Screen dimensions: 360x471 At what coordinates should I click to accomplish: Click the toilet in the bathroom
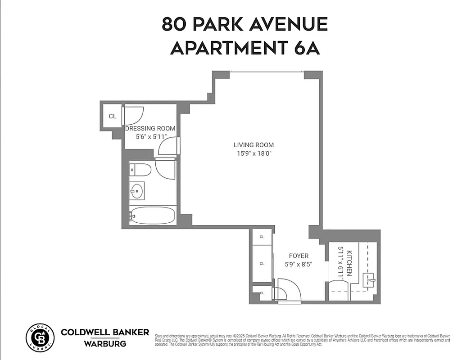140,170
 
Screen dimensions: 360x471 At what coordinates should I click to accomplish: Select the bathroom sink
136,191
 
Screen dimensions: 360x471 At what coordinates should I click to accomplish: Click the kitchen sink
370,280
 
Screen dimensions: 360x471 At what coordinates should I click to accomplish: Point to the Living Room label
254,145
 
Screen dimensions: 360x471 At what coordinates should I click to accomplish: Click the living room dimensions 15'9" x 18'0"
254,153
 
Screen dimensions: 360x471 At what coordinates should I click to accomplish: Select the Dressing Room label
150,128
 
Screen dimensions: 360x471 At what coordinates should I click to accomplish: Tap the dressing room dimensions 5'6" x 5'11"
150,136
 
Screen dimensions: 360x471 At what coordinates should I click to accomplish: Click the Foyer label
299,256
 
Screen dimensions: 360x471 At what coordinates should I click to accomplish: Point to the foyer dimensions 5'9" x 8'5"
299,264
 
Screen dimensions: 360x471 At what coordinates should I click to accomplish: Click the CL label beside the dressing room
112,116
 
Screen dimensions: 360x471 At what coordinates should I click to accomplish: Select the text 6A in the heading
308,48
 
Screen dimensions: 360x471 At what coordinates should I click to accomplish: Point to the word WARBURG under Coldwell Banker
104,344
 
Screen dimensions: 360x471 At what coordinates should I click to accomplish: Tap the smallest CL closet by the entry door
262,293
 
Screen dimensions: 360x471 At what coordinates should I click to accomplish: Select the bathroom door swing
164,169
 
